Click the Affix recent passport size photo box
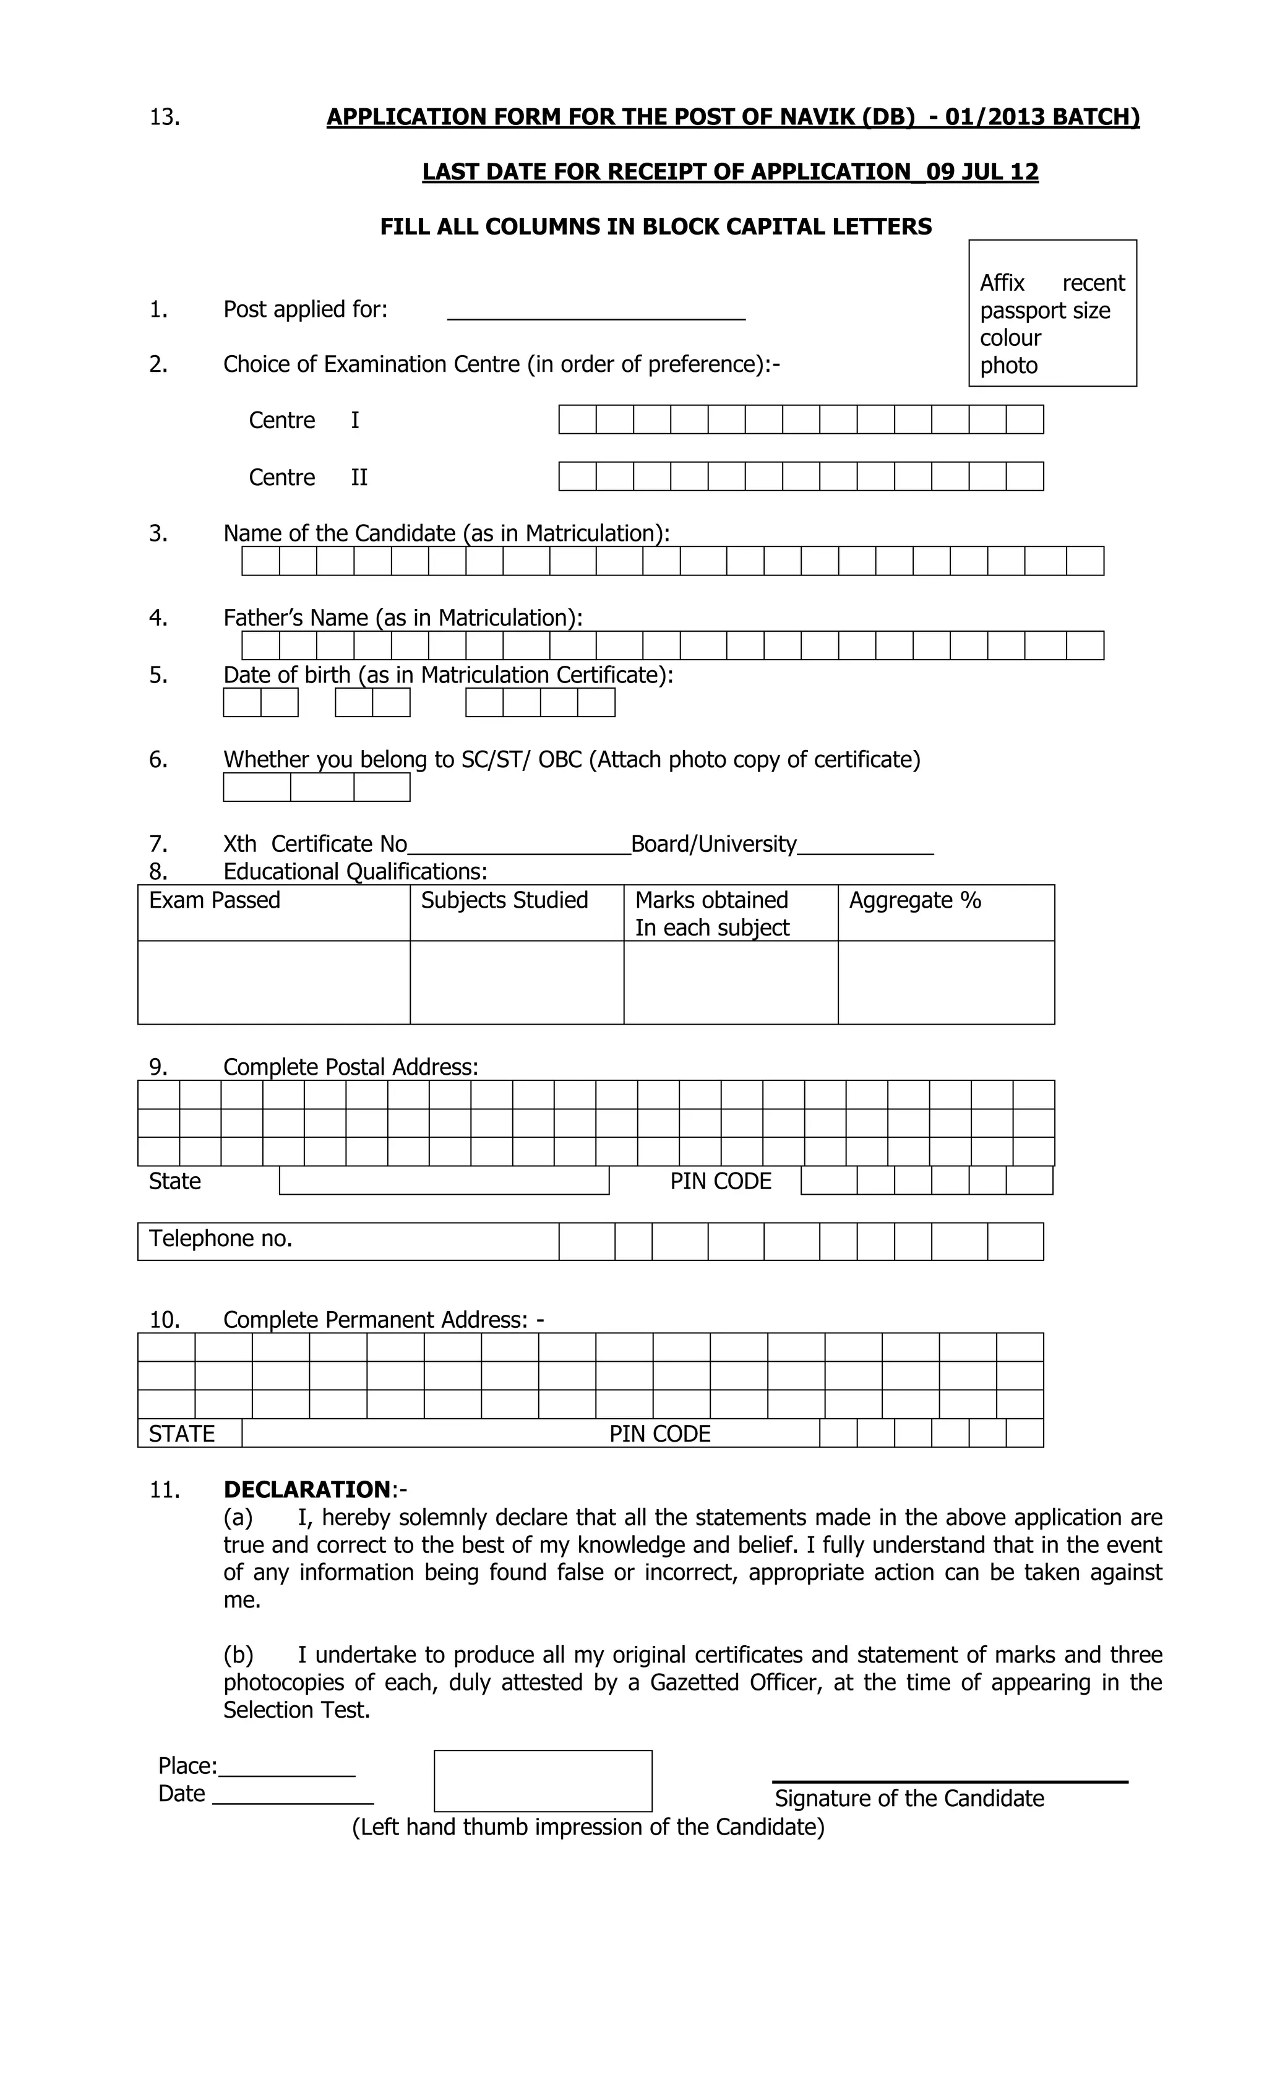point(1052,313)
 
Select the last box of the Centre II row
point(1024,476)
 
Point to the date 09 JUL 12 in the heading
point(982,172)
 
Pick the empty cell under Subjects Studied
point(517,982)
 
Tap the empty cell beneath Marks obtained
point(730,982)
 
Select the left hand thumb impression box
point(543,1780)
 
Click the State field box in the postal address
point(444,1180)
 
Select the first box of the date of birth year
point(484,702)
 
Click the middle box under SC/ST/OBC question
point(322,787)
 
